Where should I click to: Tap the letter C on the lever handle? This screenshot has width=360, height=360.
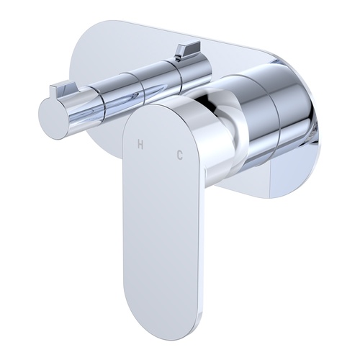pos(179,153)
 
